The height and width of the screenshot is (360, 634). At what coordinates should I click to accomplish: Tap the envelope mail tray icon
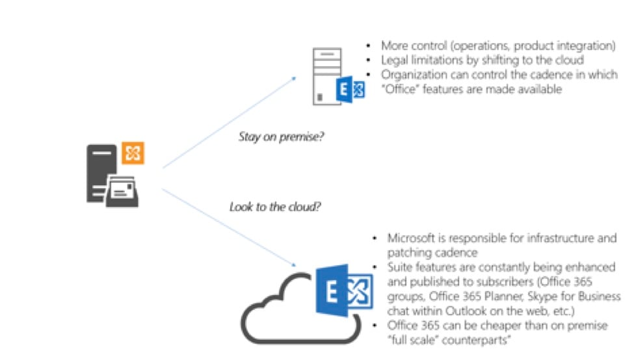click(122, 190)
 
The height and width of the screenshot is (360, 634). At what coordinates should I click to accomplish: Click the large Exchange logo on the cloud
click(343, 293)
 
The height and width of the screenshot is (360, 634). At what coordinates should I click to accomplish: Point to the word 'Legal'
click(395, 60)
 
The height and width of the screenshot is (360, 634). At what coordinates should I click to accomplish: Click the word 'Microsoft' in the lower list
click(412, 238)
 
